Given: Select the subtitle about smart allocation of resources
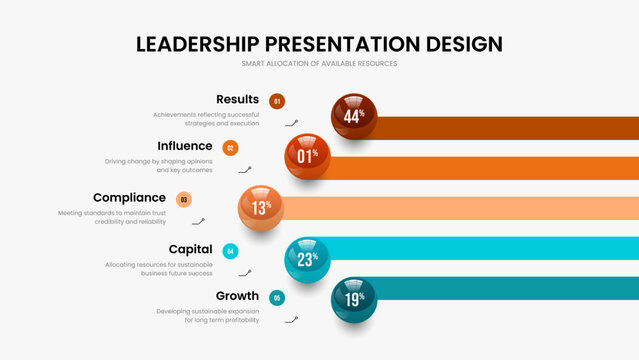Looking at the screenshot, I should point(319,64).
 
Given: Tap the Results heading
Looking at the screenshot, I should point(237,99).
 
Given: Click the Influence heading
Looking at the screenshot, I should point(185,146).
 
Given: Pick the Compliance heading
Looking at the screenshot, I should point(129,197).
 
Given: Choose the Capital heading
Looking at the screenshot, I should point(190,249).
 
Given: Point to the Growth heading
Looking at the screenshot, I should point(237,296).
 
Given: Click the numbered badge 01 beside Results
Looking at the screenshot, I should point(277,100).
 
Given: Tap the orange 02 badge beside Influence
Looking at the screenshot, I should point(230,148).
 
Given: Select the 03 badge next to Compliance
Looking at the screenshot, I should point(183,199).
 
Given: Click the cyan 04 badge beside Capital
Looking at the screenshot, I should point(230,251).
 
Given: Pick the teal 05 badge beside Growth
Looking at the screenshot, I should point(277,297).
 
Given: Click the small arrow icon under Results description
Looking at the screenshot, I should point(291,123).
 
